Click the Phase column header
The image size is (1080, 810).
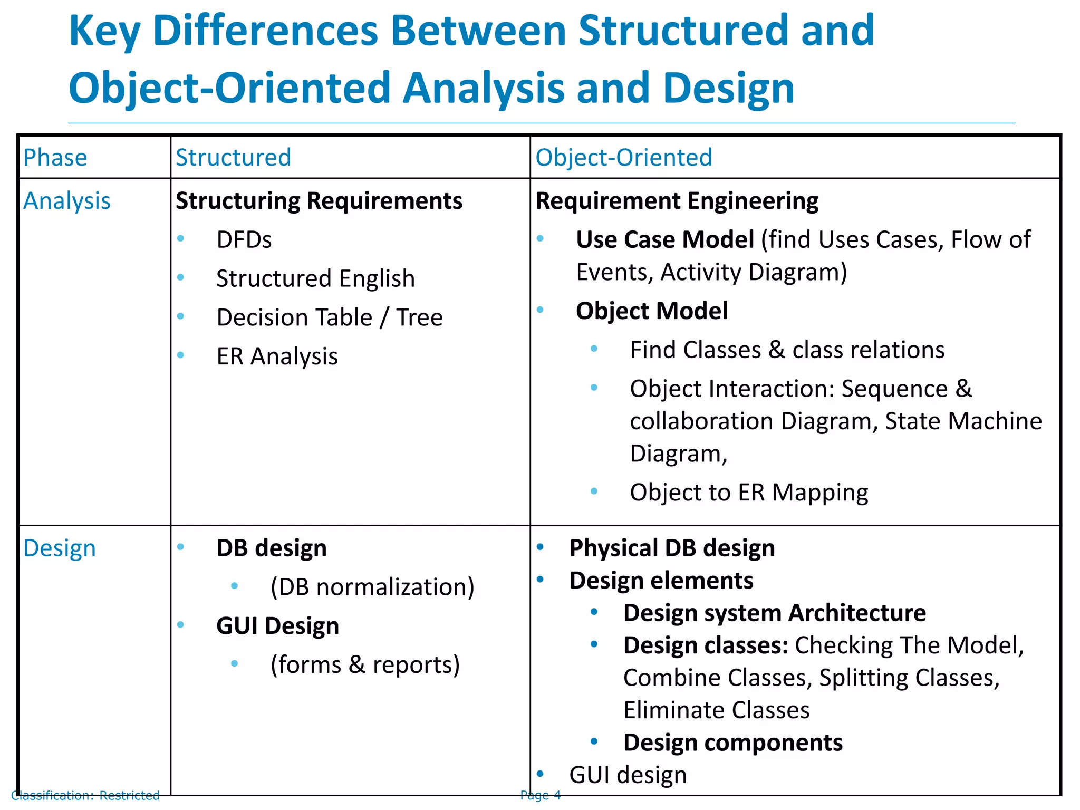pos(55,158)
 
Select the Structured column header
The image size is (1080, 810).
pos(233,158)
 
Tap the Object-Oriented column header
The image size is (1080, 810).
pos(624,158)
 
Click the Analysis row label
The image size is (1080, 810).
pos(67,201)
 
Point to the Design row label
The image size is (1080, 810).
pos(60,548)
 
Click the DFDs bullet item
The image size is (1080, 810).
pos(244,240)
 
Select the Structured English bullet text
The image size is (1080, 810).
pos(315,278)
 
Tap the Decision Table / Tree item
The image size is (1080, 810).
pos(330,317)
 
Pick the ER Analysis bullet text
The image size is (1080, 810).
pos(277,356)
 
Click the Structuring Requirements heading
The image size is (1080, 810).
pos(319,201)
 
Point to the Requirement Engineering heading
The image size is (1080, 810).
pos(677,201)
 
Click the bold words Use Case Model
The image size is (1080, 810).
pos(665,240)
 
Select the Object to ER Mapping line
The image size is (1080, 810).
pos(749,493)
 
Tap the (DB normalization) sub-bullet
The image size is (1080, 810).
pos(372,587)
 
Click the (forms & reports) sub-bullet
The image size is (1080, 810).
pos(365,664)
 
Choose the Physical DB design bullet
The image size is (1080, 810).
pos(672,548)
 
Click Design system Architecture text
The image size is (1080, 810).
pos(775,613)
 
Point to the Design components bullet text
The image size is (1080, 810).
pos(733,742)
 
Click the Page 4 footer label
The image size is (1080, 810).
pos(541,795)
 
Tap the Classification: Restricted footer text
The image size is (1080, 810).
pos(85,795)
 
